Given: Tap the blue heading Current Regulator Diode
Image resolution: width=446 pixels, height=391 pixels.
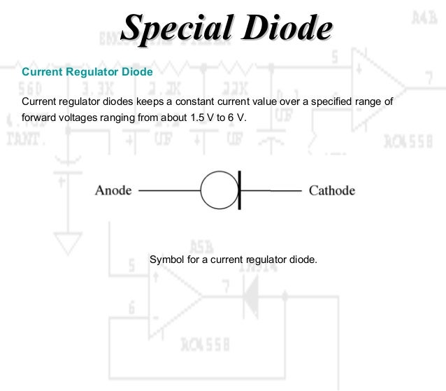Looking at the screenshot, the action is tap(87, 72).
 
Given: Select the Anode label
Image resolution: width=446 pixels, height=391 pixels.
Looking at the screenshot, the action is tap(113, 190).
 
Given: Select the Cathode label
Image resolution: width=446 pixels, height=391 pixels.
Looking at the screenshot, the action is tap(332, 190).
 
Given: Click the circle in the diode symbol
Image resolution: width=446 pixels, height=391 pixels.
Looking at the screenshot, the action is tap(219, 190).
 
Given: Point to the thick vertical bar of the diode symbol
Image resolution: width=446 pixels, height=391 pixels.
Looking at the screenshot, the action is tap(239, 190).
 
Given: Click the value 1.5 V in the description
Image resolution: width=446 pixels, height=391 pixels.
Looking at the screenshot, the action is tap(202, 118).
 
